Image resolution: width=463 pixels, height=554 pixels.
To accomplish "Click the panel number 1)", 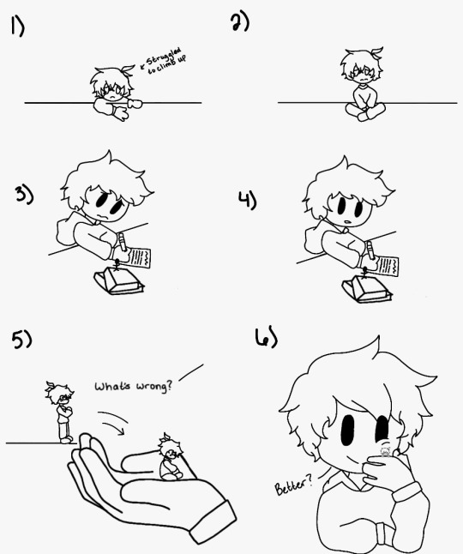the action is [x=17, y=26].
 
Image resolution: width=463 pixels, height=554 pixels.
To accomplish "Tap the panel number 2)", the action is [x=240, y=22].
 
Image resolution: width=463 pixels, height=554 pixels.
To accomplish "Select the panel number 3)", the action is [x=24, y=195].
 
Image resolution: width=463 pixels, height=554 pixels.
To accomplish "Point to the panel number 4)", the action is [x=247, y=200].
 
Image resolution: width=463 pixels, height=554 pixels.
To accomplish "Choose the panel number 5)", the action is [x=21, y=339].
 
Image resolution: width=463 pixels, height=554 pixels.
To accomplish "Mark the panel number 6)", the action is [x=266, y=337].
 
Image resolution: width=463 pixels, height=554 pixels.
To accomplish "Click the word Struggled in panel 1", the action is [x=164, y=57].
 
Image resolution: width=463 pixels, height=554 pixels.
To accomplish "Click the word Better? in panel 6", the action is [x=293, y=485].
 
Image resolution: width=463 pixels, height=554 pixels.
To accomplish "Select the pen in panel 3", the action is [x=122, y=242].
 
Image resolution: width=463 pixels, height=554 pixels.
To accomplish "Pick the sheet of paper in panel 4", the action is [x=387, y=267].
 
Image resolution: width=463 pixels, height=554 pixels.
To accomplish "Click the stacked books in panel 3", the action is [x=118, y=281].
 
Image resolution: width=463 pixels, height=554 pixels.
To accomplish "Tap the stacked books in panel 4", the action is [x=367, y=290].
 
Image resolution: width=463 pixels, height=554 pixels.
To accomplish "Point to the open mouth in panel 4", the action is [x=348, y=222].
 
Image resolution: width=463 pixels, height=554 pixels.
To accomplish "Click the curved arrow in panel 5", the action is [x=113, y=422].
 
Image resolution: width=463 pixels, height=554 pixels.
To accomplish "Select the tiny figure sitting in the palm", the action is [x=171, y=457].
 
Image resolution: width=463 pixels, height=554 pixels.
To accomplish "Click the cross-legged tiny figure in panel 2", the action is [x=364, y=84].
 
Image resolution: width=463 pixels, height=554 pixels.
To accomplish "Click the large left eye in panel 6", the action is [x=348, y=430].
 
